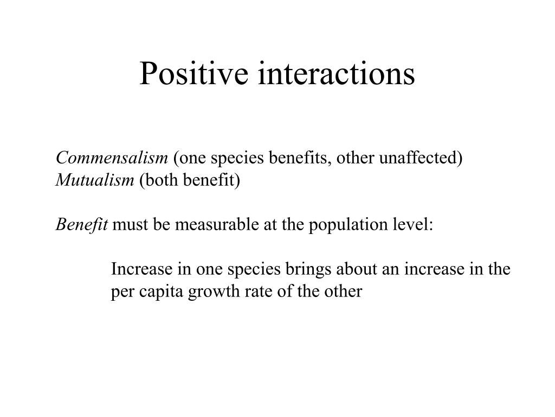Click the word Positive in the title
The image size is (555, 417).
[x=193, y=74]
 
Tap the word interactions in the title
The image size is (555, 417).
[x=337, y=74]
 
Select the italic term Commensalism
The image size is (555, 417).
[x=112, y=158]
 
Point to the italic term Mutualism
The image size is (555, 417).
[x=95, y=180]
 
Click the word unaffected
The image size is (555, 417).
[x=420, y=158]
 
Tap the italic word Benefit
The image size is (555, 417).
[x=82, y=224]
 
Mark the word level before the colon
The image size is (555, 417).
[x=412, y=224]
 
